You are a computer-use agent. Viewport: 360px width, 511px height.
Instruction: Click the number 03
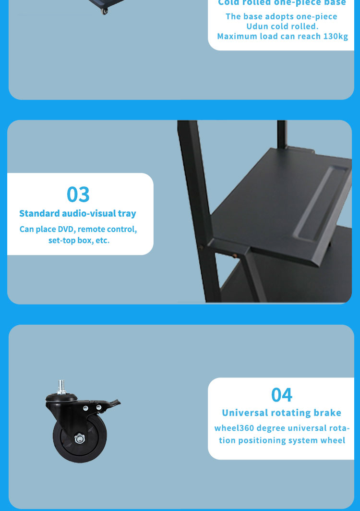coord(78,195)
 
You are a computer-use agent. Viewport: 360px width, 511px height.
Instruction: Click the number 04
coord(282,394)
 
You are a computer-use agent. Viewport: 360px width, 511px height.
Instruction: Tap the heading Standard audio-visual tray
coord(78,213)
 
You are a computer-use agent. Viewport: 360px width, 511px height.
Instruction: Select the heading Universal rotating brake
coord(282,413)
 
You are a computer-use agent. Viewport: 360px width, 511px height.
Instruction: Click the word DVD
coord(66,229)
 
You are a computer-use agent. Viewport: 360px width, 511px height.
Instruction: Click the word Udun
coord(257,26)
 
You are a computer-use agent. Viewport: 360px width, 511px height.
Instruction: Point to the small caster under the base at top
coord(105,11)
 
